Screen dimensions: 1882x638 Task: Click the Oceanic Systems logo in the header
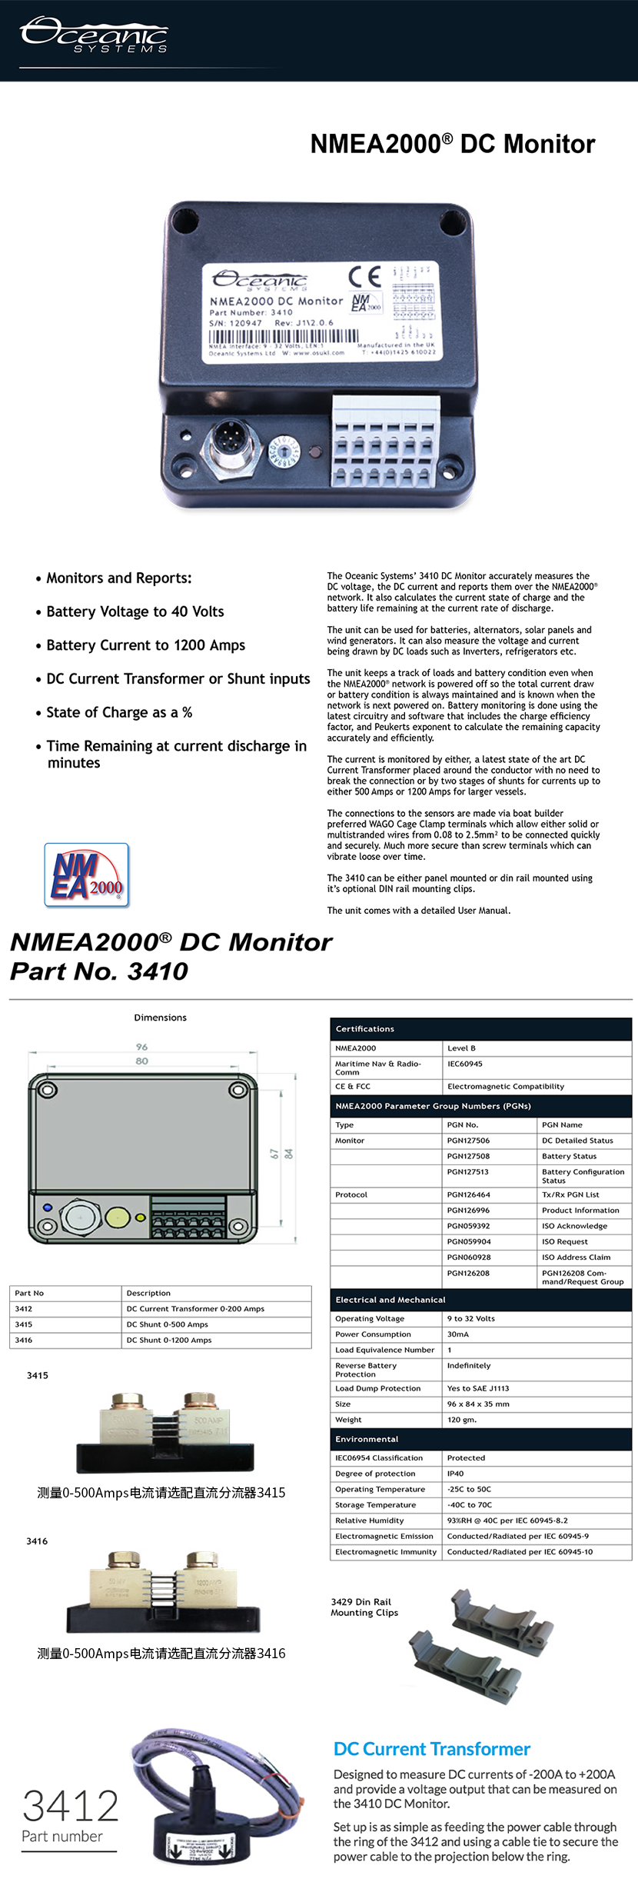(x=94, y=35)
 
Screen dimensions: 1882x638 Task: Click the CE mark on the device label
(x=364, y=276)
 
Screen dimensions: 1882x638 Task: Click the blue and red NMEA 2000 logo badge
(x=87, y=874)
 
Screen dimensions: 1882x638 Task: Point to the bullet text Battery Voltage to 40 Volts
(x=135, y=611)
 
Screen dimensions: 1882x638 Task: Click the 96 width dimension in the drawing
(x=141, y=1047)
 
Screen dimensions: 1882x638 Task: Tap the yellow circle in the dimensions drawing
(x=117, y=1217)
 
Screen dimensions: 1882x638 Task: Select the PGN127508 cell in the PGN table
(x=468, y=1156)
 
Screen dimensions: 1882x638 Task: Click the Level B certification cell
(x=461, y=1048)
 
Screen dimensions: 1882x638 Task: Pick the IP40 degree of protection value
(x=456, y=1474)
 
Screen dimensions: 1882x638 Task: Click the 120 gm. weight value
(x=462, y=1420)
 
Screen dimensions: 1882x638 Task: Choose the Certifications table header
(x=365, y=1029)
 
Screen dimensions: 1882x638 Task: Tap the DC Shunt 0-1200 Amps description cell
(x=169, y=1340)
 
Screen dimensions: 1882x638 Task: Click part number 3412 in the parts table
(x=24, y=1308)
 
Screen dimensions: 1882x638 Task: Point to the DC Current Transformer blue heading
(x=432, y=1749)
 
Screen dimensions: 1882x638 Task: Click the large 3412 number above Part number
(x=71, y=1806)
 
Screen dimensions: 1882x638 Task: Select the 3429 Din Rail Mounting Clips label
(x=364, y=1607)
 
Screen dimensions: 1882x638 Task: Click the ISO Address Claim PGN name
(x=576, y=1257)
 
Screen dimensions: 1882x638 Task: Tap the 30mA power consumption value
(x=458, y=1334)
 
